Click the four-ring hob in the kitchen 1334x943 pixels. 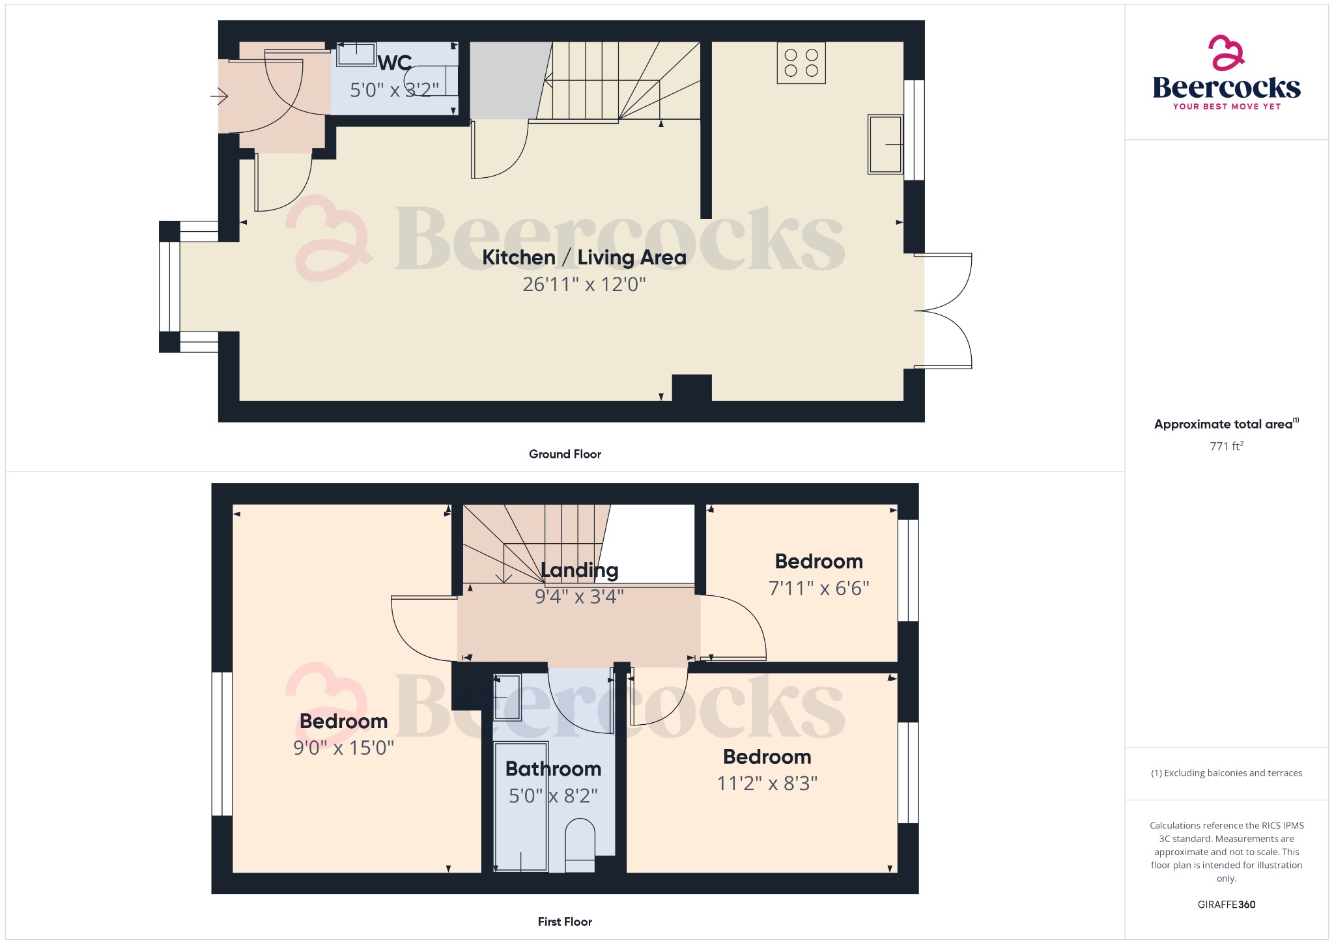[801, 63]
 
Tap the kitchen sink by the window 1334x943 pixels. [885, 145]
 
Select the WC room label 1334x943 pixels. [395, 63]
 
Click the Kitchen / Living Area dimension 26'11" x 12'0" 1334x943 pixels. [584, 285]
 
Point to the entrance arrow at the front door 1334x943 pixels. [220, 97]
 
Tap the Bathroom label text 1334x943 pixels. [553, 769]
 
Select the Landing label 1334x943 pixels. [579, 570]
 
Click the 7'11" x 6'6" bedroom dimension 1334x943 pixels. [819, 589]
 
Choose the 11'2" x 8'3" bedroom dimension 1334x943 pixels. [767, 783]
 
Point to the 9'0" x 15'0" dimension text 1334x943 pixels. [343, 748]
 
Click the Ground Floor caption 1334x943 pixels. [565, 454]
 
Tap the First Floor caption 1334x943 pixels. [565, 922]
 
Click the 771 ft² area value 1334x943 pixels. [1226, 446]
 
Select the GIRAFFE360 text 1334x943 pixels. [1226, 905]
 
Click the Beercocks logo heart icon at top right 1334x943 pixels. [1226, 53]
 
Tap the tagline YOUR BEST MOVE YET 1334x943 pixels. [1227, 106]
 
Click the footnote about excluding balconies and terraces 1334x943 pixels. [1226, 773]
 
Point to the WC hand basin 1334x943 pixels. [356, 55]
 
